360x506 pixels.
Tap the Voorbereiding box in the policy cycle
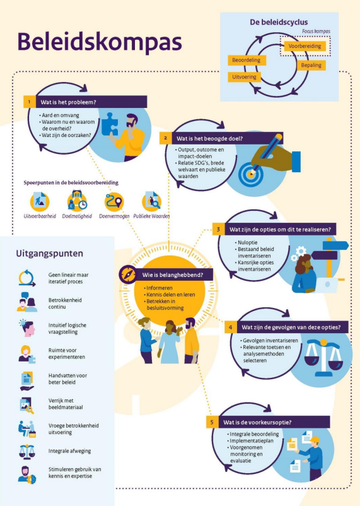coord(305,46)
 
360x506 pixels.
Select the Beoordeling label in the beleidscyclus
coord(247,60)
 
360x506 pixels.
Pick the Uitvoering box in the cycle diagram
coord(244,77)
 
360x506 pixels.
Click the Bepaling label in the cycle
coord(311,65)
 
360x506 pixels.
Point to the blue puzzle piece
coord(110,124)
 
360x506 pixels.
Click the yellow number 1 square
coord(30,102)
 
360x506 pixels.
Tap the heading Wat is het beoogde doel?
coord(209,138)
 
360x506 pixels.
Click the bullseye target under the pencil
coord(251,174)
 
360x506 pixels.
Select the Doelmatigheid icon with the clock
coord(77,201)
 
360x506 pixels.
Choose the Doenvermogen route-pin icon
coord(114,201)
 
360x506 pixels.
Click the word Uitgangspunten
coord(49,254)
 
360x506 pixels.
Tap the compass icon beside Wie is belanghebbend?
coord(128,274)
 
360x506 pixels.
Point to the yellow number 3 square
coord(218,230)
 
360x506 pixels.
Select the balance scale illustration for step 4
coord(323,358)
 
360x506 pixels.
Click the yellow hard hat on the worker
coord(315,440)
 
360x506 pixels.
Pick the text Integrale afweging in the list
coord(70,451)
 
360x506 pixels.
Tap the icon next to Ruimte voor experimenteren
coord(26,355)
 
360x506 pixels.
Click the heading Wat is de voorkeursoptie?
coord(257,422)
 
